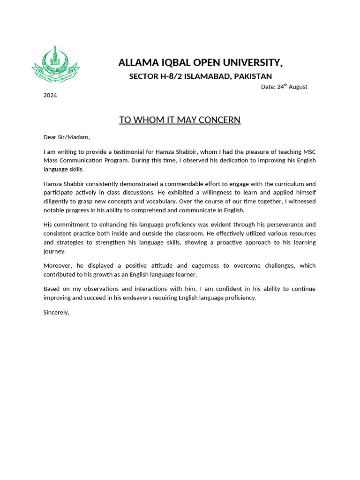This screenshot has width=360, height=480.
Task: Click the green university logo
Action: [x=55, y=64]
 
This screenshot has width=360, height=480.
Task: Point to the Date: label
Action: [x=268, y=87]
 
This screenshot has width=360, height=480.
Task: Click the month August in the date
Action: [x=298, y=87]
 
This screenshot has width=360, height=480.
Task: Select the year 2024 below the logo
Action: [x=50, y=95]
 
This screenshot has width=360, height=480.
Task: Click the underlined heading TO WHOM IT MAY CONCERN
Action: [x=180, y=120]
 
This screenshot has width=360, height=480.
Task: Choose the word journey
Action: [x=54, y=251]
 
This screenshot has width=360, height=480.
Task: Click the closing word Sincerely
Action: [x=56, y=312]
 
